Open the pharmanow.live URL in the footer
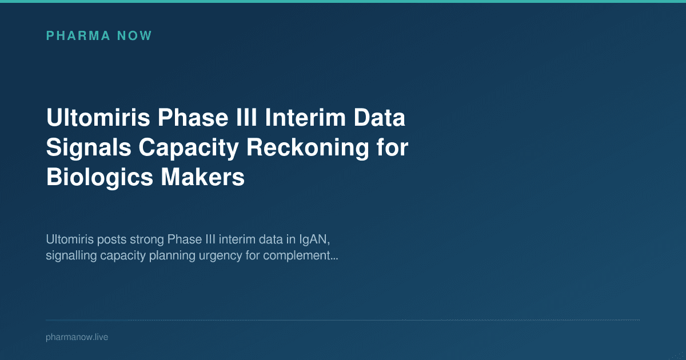[x=77, y=337]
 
